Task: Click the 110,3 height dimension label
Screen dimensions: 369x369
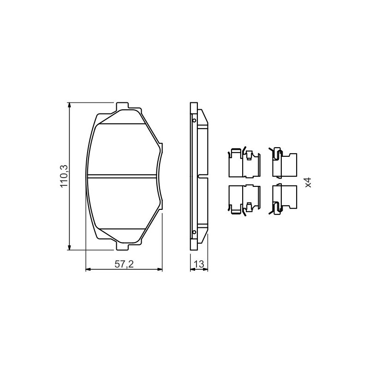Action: (64, 176)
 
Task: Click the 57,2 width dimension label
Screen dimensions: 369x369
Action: (124, 264)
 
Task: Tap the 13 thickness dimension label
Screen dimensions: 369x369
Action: (199, 264)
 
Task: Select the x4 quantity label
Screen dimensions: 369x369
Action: (308, 182)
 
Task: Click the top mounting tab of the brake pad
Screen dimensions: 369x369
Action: (122, 106)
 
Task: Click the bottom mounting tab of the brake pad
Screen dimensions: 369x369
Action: (122, 246)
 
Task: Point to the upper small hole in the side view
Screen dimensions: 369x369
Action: (194, 120)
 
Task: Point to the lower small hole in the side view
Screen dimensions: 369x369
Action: (194, 232)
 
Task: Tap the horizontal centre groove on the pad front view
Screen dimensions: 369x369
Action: (122, 176)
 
